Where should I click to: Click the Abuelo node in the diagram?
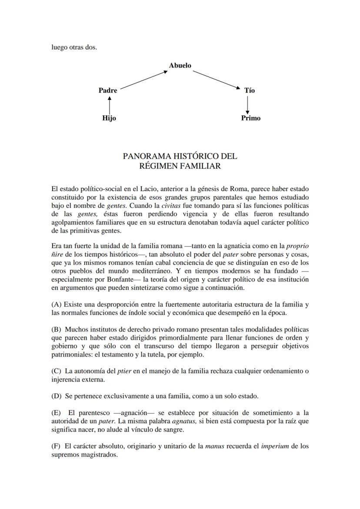tap(180, 66)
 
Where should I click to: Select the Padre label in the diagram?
tap(108, 90)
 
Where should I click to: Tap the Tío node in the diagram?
tap(250, 90)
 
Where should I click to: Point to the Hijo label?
tap(109, 118)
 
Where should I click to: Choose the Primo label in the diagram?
tap(251, 118)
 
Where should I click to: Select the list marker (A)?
tap(56, 304)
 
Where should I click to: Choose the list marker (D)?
tap(57, 396)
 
